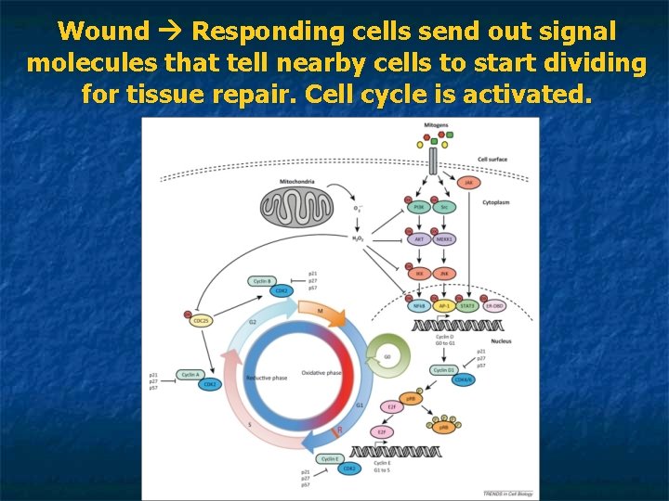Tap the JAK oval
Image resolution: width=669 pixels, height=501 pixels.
tap(468, 184)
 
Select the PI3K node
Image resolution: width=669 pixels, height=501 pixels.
tap(418, 207)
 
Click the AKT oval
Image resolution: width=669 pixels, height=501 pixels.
tap(418, 239)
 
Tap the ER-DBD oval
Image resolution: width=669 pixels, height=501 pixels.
tap(495, 304)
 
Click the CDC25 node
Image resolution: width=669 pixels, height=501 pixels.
tap(201, 321)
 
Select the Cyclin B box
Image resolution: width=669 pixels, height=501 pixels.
tap(261, 280)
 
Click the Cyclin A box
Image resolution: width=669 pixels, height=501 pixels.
tap(190, 374)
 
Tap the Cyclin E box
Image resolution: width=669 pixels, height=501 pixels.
tap(329, 458)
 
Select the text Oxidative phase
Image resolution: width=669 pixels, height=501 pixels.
tap(321, 374)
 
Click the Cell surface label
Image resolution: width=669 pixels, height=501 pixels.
tap(492, 160)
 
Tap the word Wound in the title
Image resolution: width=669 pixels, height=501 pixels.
tap(103, 32)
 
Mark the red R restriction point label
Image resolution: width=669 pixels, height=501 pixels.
tap(338, 429)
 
